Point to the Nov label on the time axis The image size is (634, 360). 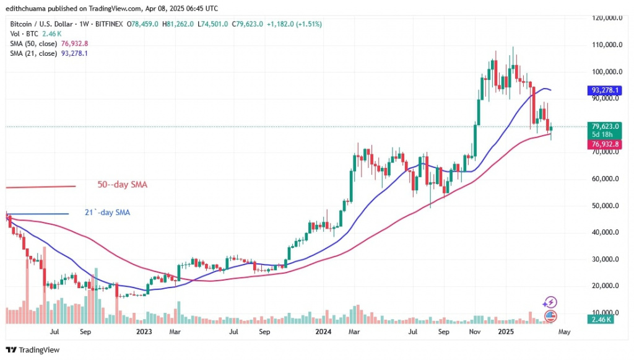[x=475, y=331]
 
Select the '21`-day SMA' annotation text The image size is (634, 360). [x=107, y=213]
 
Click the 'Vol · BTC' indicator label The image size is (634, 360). [x=19, y=33]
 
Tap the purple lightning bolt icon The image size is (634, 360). [x=549, y=302]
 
